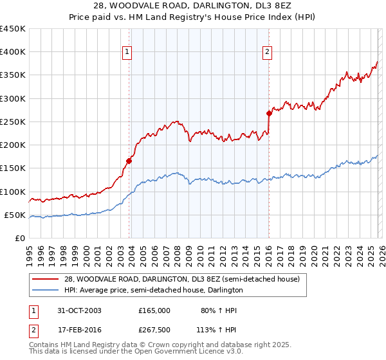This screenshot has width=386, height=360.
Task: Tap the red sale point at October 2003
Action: tap(129, 161)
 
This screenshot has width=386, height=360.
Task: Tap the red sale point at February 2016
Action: tap(269, 113)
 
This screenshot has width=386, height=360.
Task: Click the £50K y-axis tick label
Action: tap(15, 215)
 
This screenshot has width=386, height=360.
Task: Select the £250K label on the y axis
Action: tap(14, 122)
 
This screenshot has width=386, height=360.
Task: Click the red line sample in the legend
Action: tap(46, 280)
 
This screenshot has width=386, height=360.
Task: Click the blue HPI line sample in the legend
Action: tap(46, 291)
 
